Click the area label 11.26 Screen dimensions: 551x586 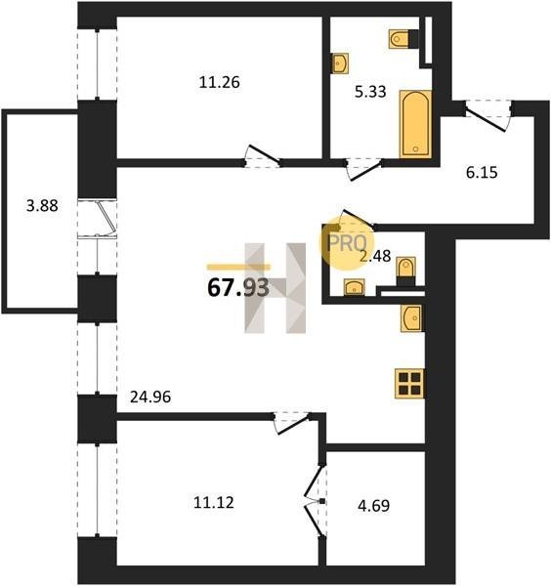(x=219, y=83)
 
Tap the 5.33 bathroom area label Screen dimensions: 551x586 (x=370, y=92)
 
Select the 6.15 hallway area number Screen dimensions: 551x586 (x=482, y=173)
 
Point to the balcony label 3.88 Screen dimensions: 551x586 (x=42, y=205)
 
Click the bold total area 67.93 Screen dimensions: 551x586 (x=238, y=288)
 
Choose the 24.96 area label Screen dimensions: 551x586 (x=150, y=397)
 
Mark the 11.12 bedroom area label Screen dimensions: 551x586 (x=214, y=502)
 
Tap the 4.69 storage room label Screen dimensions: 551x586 (x=374, y=506)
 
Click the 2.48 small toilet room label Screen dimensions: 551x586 (x=375, y=256)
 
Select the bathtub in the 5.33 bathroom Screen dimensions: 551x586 (x=415, y=124)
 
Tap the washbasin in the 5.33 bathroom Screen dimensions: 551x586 (x=340, y=63)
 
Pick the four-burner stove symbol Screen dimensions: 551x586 (x=409, y=384)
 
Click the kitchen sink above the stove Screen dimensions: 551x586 (x=411, y=318)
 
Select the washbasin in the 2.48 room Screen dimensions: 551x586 (x=354, y=287)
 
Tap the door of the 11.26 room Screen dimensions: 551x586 (x=263, y=156)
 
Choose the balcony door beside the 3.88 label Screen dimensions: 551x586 (x=97, y=219)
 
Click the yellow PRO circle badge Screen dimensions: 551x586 (x=347, y=243)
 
